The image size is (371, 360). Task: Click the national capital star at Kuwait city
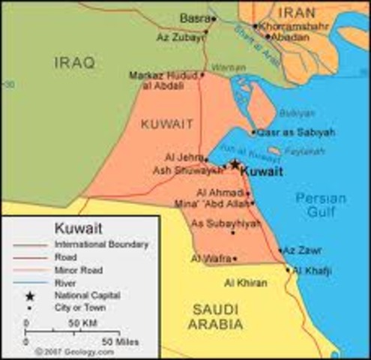[235, 163]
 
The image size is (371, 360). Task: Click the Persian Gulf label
[321, 205]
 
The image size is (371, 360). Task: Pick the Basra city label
[194, 18]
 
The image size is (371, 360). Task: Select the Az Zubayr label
[180, 35]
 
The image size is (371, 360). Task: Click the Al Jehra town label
[183, 157]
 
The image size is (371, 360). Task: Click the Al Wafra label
[209, 259]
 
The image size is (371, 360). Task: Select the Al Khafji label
[312, 269]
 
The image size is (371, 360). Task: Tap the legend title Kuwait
[79, 227]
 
